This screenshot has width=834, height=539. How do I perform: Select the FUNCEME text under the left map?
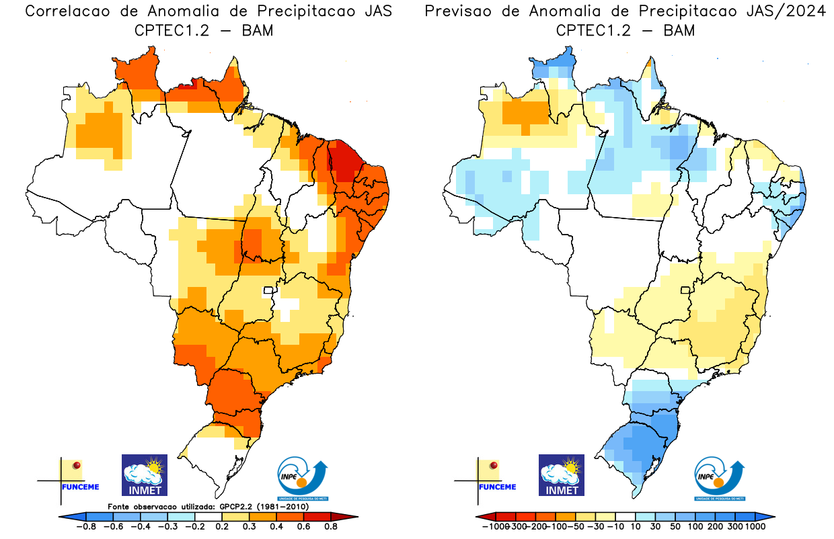(79, 487)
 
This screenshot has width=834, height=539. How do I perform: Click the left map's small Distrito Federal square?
(269, 291)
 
